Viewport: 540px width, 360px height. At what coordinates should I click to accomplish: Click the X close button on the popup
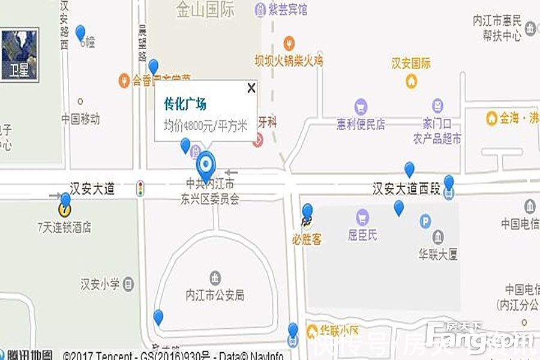click(251, 88)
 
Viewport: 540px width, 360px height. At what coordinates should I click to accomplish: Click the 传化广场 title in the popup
click(185, 104)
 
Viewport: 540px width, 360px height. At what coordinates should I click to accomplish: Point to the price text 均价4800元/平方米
click(205, 125)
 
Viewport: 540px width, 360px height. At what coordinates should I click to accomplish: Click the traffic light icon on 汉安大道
click(140, 188)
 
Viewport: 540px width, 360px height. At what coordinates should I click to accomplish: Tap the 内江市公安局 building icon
click(215, 278)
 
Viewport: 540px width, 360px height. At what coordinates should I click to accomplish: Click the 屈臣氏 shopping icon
click(362, 217)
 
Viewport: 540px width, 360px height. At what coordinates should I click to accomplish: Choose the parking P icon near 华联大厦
click(425, 221)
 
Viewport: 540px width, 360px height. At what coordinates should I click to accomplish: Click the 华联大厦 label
click(438, 254)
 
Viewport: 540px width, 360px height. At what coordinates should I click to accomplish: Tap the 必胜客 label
click(307, 239)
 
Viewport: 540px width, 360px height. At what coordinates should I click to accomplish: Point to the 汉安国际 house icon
click(412, 80)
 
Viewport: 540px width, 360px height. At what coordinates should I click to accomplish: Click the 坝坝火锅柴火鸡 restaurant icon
click(289, 43)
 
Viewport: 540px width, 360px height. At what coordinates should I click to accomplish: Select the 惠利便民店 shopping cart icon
click(361, 107)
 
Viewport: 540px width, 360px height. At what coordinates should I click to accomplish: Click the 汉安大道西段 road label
click(406, 190)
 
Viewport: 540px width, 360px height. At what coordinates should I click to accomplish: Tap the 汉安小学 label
click(100, 284)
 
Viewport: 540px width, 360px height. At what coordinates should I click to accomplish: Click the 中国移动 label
click(80, 119)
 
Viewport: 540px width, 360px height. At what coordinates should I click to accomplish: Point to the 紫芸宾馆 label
click(287, 10)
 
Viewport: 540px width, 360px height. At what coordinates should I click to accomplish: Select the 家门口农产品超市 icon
click(440, 106)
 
